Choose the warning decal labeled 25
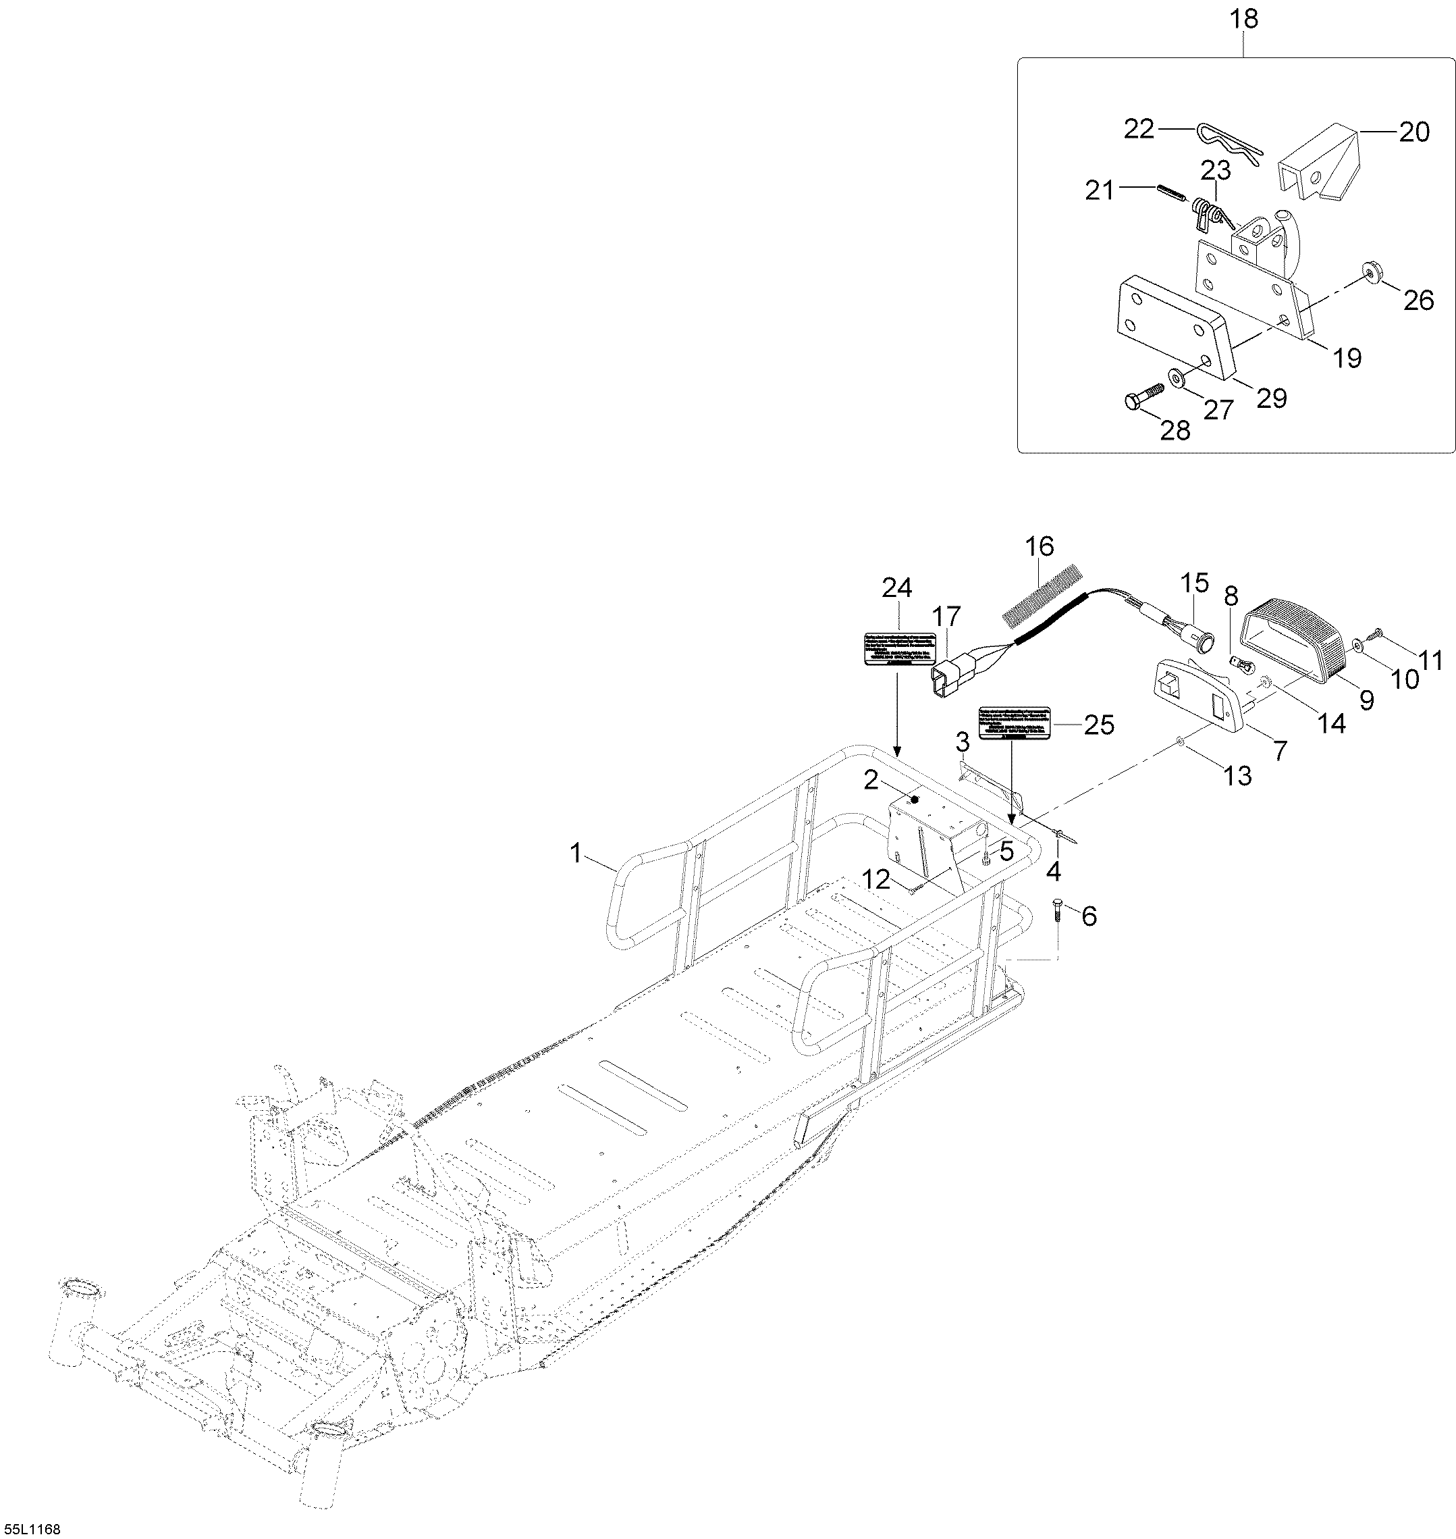1014,721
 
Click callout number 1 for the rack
575,854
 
